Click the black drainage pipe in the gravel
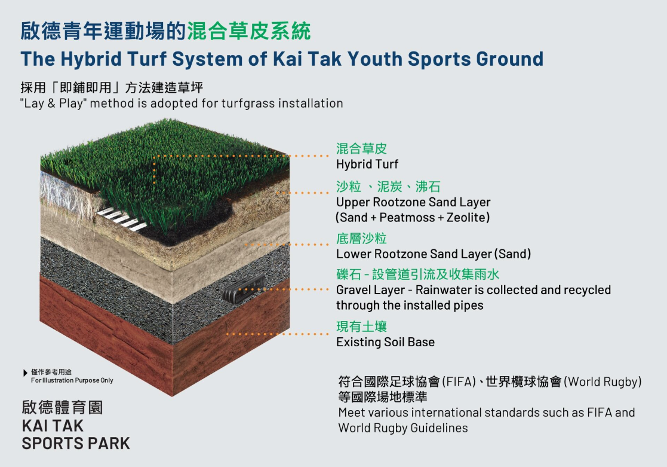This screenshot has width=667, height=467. point(244,288)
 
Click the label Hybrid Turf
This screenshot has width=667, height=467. point(367,164)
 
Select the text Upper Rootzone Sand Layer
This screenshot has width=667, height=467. point(413,202)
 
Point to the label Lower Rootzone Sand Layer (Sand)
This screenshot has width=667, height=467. point(434,254)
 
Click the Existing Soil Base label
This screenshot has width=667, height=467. point(385,341)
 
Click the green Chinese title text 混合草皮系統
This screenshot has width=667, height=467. point(249,30)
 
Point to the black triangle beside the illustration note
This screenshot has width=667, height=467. point(25,373)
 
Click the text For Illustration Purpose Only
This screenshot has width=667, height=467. point(72,380)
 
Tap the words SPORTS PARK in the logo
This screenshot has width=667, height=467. point(76,443)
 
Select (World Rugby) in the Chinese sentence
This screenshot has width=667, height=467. point(603,381)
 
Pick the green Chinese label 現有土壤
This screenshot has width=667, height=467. point(361,326)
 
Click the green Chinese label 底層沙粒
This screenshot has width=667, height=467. point(361,238)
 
